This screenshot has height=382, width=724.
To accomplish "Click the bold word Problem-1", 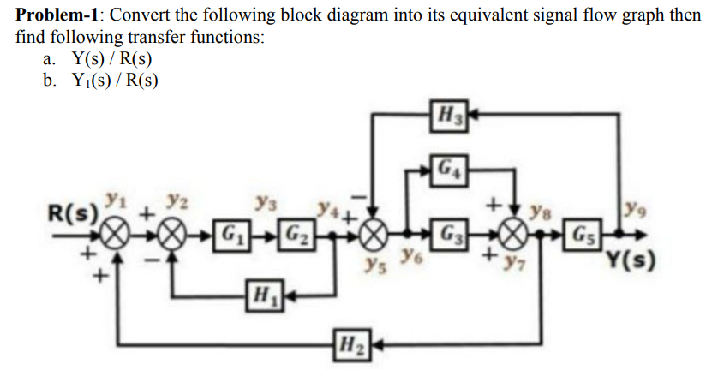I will point(59,15).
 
